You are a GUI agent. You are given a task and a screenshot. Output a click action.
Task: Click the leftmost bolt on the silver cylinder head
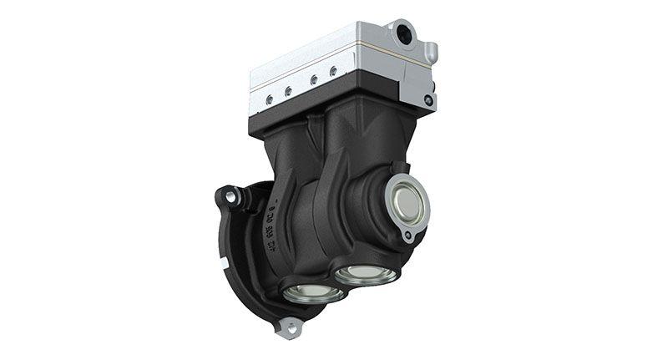[269, 99]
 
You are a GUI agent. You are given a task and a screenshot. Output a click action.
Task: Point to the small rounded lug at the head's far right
[432, 52]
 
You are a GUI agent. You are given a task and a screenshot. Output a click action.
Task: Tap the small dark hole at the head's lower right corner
[428, 100]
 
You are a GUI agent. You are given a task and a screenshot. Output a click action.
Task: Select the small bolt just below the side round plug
[407, 236]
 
